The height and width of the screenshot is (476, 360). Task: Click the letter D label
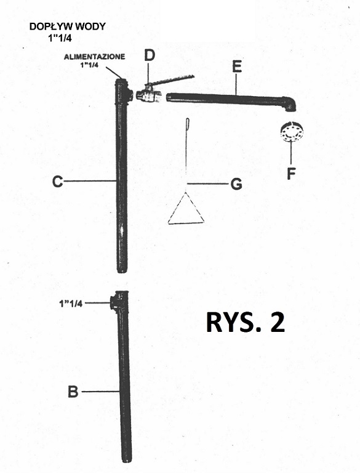point(149,55)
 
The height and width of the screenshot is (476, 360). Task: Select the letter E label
point(237,67)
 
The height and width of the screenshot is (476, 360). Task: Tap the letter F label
point(291,174)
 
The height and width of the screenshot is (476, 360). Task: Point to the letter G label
point(236,184)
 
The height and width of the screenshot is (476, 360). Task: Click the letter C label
point(58,182)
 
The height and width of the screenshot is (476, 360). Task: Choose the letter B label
point(73,392)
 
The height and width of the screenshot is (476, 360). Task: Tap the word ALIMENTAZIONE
point(94,57)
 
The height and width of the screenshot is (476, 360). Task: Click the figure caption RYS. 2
point(246,322)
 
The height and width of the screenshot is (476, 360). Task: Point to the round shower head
point(292,132)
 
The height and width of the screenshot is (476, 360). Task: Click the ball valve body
point(148,95)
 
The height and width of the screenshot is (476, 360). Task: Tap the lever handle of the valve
point(173,80)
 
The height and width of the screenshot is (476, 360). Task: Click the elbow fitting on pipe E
point(289,104)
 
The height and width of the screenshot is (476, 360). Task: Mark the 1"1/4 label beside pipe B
point(71,304)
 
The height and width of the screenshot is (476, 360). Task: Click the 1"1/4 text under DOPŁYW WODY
point(60,38)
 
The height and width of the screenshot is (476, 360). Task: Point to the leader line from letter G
point(208,184)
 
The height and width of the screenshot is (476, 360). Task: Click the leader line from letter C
point(90,181)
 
